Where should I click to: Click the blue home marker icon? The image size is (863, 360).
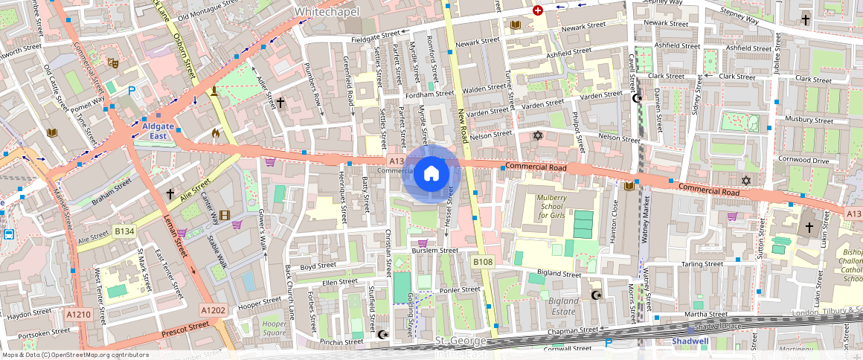click(x=431, y=174)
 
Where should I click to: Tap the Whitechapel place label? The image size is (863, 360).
click(x=327, y=12)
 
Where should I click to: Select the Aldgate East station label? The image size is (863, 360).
click(x=158, y=131)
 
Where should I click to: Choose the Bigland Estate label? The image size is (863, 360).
click(x=562, y=306)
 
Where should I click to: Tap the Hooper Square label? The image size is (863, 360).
click(x=274, y=328)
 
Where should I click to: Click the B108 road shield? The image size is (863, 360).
click(x=483, y=262)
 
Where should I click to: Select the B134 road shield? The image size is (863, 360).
click(x=124, y=232)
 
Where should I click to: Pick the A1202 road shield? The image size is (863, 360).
click(x=212, y=309)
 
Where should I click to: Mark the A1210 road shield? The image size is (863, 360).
click(x=78, y=315)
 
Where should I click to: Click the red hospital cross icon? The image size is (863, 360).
click(x=537, y=10)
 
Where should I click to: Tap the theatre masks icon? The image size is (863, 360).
click(x=113, y=63)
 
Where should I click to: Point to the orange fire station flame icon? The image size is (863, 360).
click(x=216, y=134)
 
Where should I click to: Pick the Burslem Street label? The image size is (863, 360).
click(x=435, y=251)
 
